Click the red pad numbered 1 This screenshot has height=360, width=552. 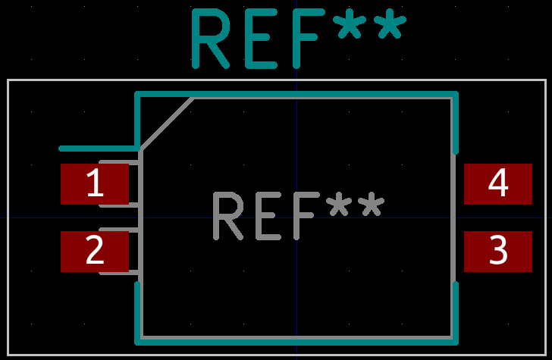click(95, 184)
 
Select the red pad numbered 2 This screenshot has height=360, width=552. click(95, 251)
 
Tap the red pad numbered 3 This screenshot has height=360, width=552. click(498, 251)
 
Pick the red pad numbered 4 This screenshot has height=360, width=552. click(498, 184)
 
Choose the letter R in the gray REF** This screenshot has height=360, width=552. click(227, 216)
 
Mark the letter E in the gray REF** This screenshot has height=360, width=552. click(265, 216)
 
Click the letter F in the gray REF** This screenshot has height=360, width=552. click(303, 216)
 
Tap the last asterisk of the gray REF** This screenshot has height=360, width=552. click(371, 206)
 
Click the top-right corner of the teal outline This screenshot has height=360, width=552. click(456, 95)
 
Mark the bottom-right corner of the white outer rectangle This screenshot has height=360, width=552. click(545, 355)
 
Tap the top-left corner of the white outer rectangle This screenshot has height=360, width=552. click(8, 80)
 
